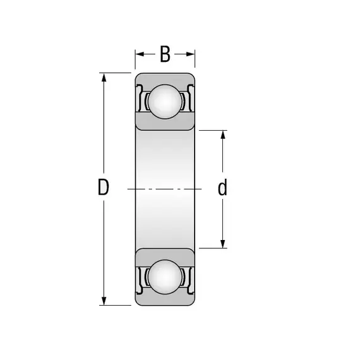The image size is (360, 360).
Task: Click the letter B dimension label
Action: pyautogui.click(x=165, y=54)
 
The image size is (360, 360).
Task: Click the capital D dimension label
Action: pyautogui.click(x=104, y=187)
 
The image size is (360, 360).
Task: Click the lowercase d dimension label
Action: pyautogui.click(x=222, y=187)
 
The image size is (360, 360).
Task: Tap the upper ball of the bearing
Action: pyautogui.click(x=165, y=102)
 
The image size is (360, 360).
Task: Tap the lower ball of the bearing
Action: pyautogui.click(x=165, y=277)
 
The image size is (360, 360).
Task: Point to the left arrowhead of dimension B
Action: pyautogui.click(x=140, y=54)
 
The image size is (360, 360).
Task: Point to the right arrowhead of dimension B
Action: pyautogui.click(x=190, y=54)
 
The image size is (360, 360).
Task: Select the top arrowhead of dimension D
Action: pyautogui.click(x=104, y=78)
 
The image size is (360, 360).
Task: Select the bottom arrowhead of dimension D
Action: pyautogui.click(x=104, y=301)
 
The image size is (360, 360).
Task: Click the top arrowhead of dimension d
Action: pyautogui.click(x=223, y=135)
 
